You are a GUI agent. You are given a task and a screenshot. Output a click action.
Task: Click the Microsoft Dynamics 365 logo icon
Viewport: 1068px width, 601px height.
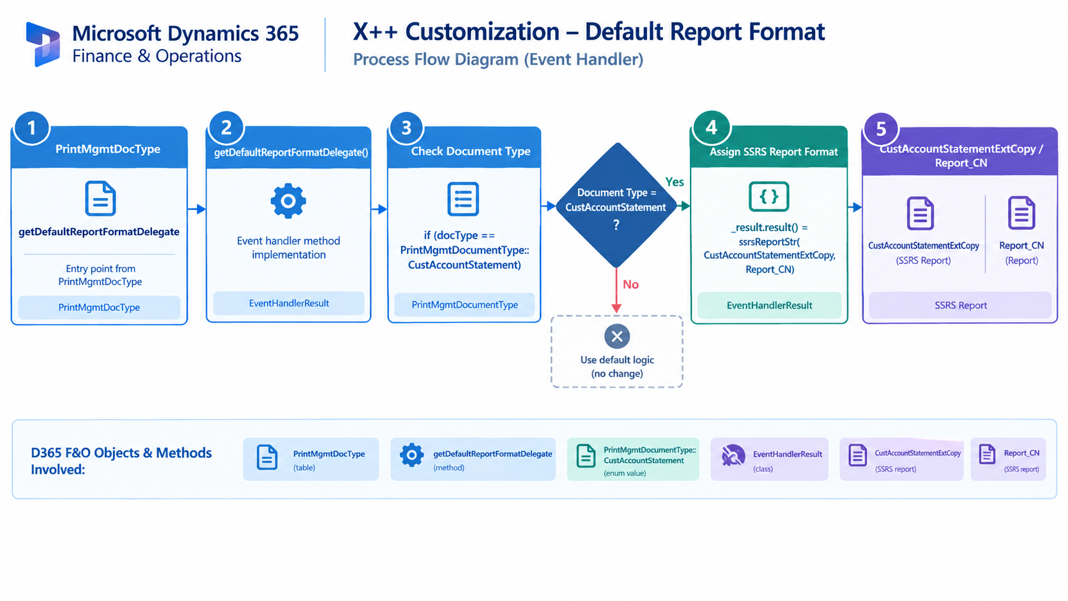coord(43,44)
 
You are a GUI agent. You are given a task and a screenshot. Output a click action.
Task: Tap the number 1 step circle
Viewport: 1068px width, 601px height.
coord(31,128)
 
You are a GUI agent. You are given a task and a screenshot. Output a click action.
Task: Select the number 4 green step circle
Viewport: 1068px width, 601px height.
coord(711,127)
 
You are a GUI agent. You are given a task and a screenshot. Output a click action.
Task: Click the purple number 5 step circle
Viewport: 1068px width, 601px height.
coord(881,128)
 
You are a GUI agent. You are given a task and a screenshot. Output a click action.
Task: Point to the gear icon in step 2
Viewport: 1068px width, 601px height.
coord(288,201)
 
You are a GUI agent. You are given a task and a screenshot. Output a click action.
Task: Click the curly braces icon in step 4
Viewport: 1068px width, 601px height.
coord(768,196)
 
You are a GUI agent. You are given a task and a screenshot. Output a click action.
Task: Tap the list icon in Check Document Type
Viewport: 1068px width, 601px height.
coord(463,199)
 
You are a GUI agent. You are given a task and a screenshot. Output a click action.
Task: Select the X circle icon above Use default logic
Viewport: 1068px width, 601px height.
coord(617,337)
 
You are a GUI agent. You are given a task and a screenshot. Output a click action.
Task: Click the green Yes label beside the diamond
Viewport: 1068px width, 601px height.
coord(675,181)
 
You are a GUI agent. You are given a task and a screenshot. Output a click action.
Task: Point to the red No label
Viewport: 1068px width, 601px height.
coord(630,285)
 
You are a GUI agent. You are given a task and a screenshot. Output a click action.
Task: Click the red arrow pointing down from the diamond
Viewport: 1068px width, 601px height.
coord(616,290)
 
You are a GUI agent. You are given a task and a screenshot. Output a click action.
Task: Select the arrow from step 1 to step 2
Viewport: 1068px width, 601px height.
coord(197,209)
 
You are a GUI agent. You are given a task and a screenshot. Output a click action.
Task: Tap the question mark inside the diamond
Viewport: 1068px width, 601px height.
coord(616,224)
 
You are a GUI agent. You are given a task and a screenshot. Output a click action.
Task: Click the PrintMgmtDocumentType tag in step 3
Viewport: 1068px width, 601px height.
coord(464,305)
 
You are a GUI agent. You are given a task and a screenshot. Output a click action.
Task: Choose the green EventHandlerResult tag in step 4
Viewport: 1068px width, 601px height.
coord(769,305)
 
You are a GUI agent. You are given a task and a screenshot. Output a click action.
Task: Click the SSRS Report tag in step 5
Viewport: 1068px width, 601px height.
coord(960,305)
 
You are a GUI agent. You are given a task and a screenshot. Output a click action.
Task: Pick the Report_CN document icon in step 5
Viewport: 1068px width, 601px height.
coord(1021,213)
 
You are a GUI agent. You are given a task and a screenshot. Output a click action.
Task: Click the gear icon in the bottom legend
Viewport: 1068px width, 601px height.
coord(411,455)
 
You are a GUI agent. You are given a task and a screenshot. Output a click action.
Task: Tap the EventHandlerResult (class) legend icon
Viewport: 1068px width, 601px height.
coord(733,455)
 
